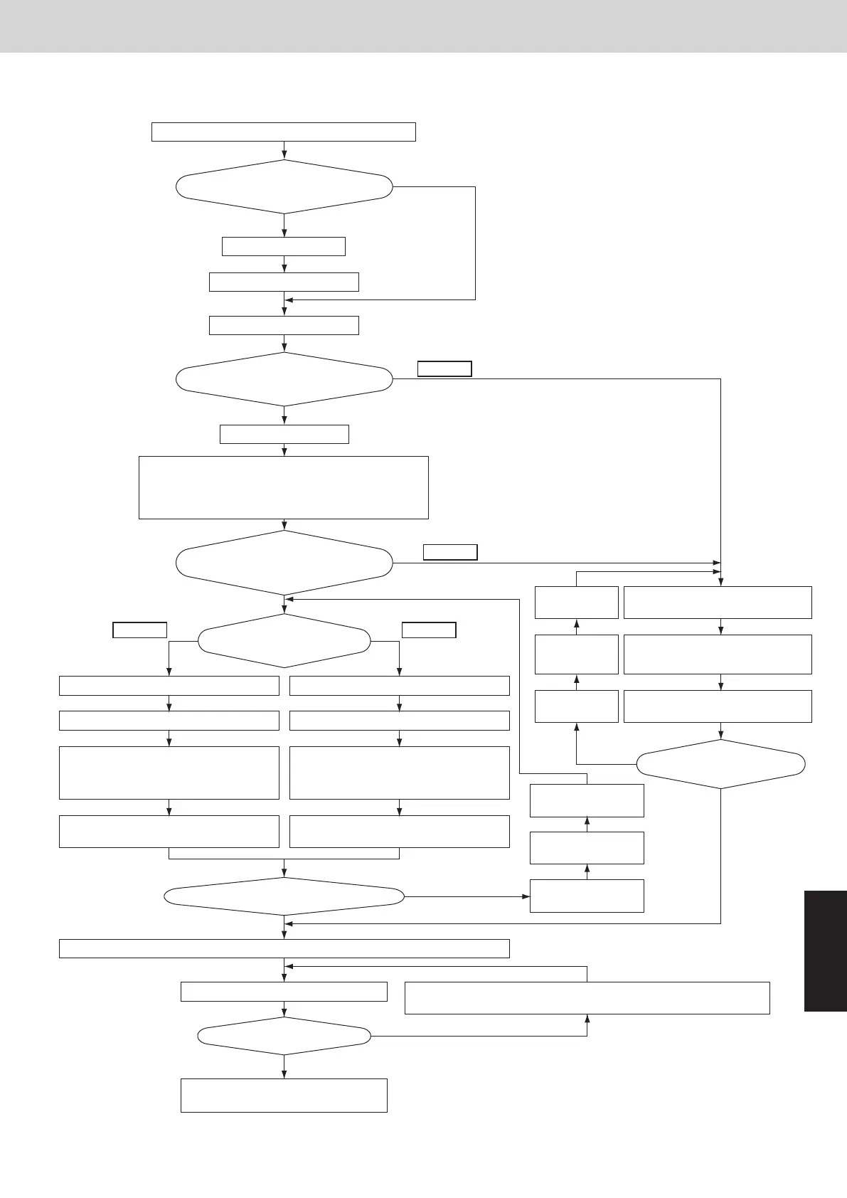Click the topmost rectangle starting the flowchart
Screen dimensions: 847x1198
[283, 132]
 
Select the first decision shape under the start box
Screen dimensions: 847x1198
[284, 186]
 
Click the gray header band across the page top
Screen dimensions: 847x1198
[423, 26]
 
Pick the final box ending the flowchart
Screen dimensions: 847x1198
[284, 1095]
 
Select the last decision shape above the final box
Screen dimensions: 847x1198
[284, 1036]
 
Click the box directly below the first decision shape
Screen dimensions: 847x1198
[284, 246]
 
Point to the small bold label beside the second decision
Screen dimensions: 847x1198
[444, 369]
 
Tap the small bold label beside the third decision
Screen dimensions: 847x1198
[450, 552]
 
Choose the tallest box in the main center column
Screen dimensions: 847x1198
[284, 487]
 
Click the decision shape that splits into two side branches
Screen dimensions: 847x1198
[284, 640]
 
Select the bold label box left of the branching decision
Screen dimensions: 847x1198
[140, 630]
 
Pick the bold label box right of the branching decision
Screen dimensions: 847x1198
[429, 630]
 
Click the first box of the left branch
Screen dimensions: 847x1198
[169, 685]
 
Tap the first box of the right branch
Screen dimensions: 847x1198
[400, 685]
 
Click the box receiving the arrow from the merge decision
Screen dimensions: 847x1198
[587, 896]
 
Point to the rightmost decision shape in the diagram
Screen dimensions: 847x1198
[720, 764]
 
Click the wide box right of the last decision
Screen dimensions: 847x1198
[587, 997]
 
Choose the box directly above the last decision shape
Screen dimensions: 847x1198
[284, 992]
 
